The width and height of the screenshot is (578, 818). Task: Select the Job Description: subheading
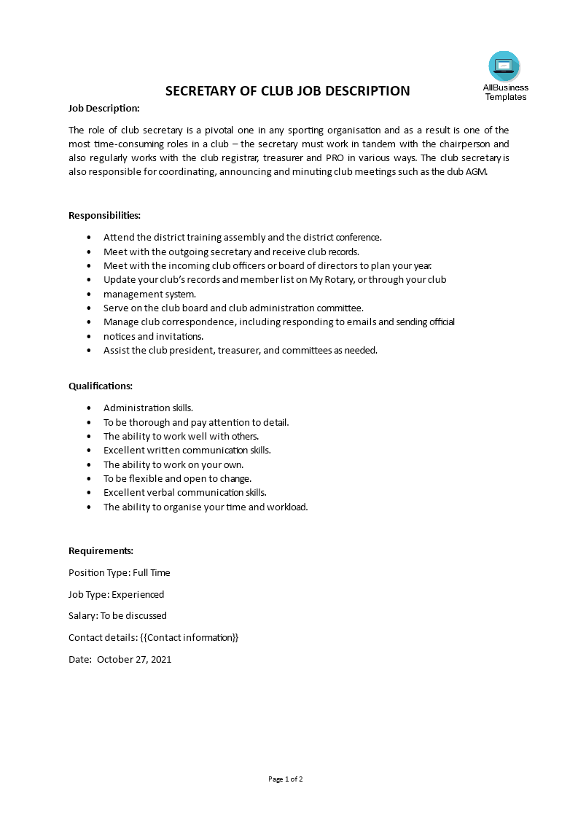pyautogui.click(x=104, y=109)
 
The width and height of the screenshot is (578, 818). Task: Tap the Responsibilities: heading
pyautogui.click(x=104, y=216)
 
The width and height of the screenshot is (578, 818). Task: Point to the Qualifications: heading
pyautogui.click(x=101, y=386)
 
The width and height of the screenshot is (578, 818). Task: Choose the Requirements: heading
pyautogui.click(x=101, y=551)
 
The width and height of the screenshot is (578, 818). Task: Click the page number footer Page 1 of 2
pyautogui.click(x=286, y=779)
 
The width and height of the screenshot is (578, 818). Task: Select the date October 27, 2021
pyautogui.click(x=134, y=660)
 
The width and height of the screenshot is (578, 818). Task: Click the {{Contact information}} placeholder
pyautogui.click(x=190, y=638)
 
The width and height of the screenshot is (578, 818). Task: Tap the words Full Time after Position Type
pyautogui.click(x=152, y=573)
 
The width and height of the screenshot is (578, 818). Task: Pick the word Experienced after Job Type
pyautogui.click(x=138, y=595)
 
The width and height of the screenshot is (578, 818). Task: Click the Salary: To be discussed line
pyautogui.click(x=117, y=616)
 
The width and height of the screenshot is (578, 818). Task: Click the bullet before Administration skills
pyautogui.click(x=89, y=408)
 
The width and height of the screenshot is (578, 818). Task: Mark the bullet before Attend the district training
pyautogui.click(x=89, y=238)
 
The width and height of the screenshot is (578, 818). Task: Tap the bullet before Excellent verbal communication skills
pyautogui.click(x=89, y=494)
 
